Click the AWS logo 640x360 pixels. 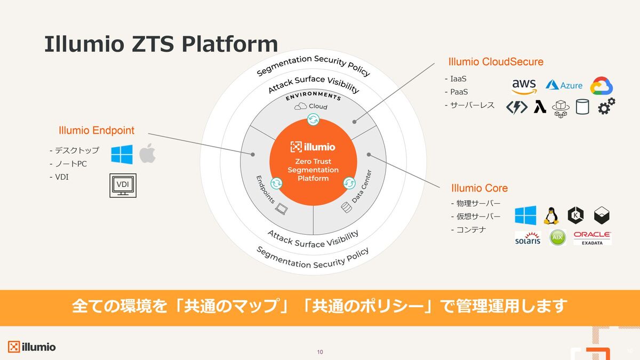[524, 86]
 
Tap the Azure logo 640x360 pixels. [564, 85]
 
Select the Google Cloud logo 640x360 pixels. [602, 86]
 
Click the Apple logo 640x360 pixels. [147, 154]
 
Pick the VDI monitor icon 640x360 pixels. [123, 186]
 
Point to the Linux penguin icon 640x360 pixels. [551, 215]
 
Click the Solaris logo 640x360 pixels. [527, 238]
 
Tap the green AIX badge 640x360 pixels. [557, 237]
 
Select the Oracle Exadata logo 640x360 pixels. [593, 238]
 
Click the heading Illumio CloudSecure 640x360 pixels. [495, 62]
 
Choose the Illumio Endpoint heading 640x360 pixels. [97, 130]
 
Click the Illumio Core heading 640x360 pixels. [479, 188]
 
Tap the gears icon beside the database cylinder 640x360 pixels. [606, 106]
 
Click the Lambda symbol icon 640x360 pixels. [540, 107]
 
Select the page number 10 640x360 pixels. [320, 352]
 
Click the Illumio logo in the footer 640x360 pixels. [31, 347]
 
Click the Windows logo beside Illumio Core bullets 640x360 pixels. [525, 215]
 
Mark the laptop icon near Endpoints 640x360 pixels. [282, 209]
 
